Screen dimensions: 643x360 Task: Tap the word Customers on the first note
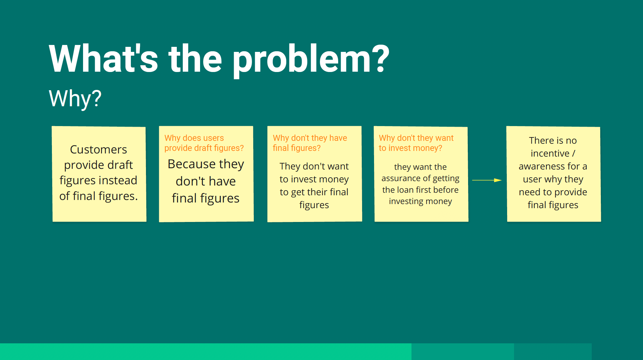click(x=98, y=150)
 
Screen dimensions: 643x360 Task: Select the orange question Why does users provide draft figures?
click(x=204, y=143)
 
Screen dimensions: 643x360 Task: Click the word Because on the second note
click(x=192, y=164)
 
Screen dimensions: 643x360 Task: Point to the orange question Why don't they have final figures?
click(x=310, y=143)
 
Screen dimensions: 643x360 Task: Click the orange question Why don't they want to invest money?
click(x=416, y=143)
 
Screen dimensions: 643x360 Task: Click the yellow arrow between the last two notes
click(x=487, y=180)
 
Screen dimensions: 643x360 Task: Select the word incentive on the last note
click(x=550, y=153)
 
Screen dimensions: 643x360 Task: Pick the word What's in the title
click(x=103, y=59)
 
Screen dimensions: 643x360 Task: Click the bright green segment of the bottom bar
click(x=206, y=352)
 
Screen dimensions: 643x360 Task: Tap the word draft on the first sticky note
click(x=120, y=165)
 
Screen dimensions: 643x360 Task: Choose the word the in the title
click(x=195, y=59)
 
